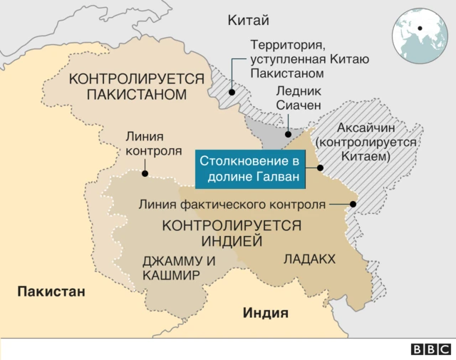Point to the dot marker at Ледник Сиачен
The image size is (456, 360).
click(289, 133)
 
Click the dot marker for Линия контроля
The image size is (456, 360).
click(145, 173)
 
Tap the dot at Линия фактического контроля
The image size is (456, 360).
click(354, 205)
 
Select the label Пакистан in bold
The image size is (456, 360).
click(51, 291)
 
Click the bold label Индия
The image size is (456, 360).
click(266, 312)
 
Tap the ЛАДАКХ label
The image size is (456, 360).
click(309, 259)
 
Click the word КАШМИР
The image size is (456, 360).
click(171, 275)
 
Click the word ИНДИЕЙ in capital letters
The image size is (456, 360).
click(232, 241)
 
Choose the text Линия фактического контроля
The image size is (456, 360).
click(232, 205)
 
